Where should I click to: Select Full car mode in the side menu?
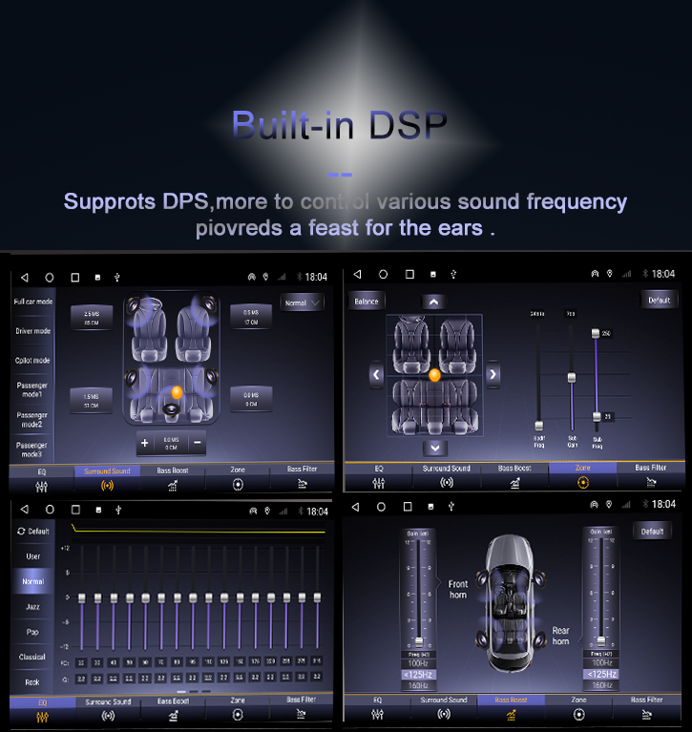point(32,302)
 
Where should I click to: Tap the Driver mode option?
point(32,331)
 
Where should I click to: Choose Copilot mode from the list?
point(32,361)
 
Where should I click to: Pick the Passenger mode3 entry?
point(31,450)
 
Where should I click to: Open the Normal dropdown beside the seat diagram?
point(303,303)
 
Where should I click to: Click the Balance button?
point(367,302)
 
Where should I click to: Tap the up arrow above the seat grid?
point(433,302)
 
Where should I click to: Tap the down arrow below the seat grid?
point(434,448)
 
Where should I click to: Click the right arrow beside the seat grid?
point(493,374)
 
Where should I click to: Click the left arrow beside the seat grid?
point(376,374)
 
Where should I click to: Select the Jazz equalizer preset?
point(32,606)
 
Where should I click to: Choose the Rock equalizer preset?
point(32,682)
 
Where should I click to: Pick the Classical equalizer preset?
point(32,657)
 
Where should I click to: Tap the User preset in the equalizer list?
point(32,556)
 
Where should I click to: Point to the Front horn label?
point(458,590)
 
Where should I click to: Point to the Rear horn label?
point(561,636)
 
